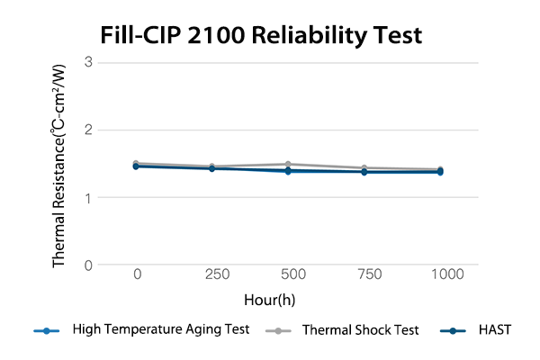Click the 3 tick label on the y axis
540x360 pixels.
tap(89, 62)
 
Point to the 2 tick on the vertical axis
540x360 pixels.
tap(89, 130)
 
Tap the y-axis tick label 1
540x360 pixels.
tap(89, 197)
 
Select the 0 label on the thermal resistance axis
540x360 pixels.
tap(89, 265)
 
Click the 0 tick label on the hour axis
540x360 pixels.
tap(137, 274)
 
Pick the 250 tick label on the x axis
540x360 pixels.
tap(211, 274)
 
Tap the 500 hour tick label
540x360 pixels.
tap(288, 274)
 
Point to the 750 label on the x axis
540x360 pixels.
tap(364, 274)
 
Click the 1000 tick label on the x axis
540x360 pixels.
tap(440, 274)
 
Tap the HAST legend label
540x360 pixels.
tap(494, 329)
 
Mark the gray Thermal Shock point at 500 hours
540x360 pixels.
tap(288, 165)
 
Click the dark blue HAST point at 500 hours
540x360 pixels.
tap(288, 170)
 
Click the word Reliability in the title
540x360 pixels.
tap(314, 36)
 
